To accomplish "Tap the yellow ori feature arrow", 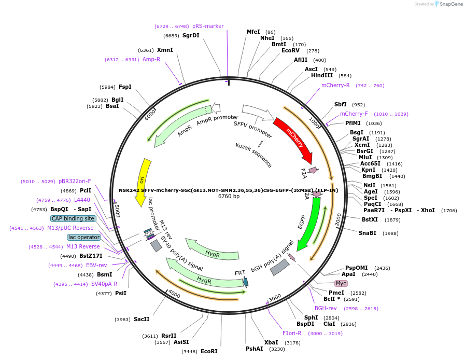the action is (143, 182).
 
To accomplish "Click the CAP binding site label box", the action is (73, 218).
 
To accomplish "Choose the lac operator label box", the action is (83, 237).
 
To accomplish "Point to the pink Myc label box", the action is (341, 283).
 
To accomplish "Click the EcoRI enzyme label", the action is (209, 351).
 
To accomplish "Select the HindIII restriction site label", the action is (322, 75).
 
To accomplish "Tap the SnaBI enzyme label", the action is (367, 233).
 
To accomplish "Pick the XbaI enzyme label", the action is (271, 342).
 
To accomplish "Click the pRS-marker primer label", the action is (208, 26).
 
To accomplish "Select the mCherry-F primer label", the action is (354, 114).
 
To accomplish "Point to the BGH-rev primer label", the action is (326, 308).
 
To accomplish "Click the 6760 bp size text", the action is (229, 196).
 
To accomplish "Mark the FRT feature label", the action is (240, 273).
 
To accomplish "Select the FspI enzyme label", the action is (125, 87).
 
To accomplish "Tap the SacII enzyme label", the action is (142, 319).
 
